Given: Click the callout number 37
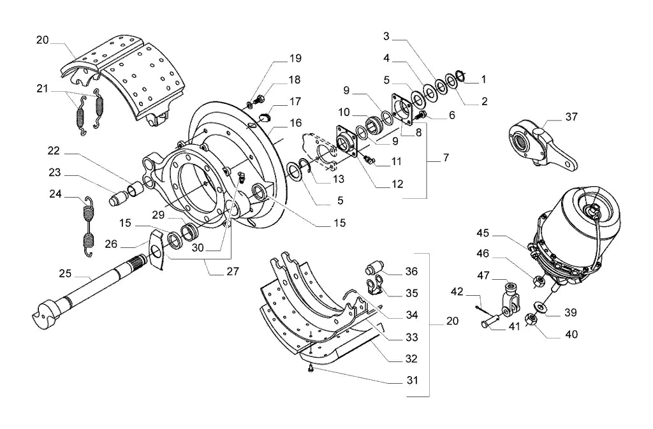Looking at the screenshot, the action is click(x=571, y=117).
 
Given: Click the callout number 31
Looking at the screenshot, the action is click(x=413, y=381).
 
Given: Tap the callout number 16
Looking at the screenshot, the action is click(x=296, y=123).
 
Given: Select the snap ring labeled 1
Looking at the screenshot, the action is click(x=460, y=76).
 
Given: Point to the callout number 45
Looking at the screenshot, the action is click(x=483, y=233).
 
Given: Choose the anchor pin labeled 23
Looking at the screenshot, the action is click(x=118, y=196).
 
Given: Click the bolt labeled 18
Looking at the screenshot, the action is click(x=260, y=99).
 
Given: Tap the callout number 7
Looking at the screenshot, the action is click(x=446, y=157).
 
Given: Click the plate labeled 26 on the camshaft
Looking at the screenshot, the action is click(x=157, y=249).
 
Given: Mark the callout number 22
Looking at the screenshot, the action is click(x=54, y=150).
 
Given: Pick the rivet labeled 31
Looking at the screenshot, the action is click(x=311, y=368).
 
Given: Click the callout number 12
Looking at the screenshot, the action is click(x=397, y=184).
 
